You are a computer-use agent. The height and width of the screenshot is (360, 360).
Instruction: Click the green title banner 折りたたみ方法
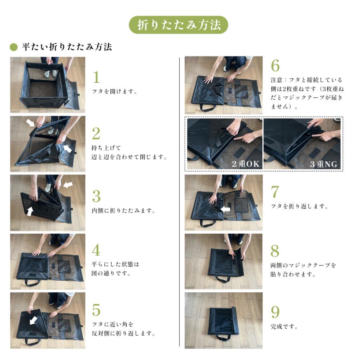pos(178,25)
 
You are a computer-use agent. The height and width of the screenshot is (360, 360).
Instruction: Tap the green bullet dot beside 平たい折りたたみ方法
pos(14,47)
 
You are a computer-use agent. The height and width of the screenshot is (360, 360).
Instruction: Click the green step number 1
pos(96,77)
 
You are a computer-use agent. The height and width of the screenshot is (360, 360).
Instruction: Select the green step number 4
pos(96,250)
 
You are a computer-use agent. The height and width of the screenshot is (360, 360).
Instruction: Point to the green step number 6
pos(275,66)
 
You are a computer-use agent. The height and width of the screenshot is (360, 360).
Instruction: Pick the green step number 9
pos(275,312)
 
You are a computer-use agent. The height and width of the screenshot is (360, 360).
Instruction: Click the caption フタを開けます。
pos(114,91)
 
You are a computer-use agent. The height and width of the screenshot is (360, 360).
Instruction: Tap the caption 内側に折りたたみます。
pos(124,210)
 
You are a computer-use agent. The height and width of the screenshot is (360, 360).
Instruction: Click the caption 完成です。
pos(284,326)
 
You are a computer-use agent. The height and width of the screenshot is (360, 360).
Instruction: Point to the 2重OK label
pos(246,164)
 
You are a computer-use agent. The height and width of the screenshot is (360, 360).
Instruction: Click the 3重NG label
pos(324,164)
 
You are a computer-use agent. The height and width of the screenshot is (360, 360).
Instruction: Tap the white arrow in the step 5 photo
pos(34,320)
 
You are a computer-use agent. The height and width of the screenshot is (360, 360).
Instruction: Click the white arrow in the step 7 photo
pos(225,209)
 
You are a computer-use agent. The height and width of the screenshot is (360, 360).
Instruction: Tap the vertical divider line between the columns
pos(179,202)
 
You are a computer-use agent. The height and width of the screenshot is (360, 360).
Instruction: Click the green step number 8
pos(275,251)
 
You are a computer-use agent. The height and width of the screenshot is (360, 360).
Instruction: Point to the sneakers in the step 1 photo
pos(50,74)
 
